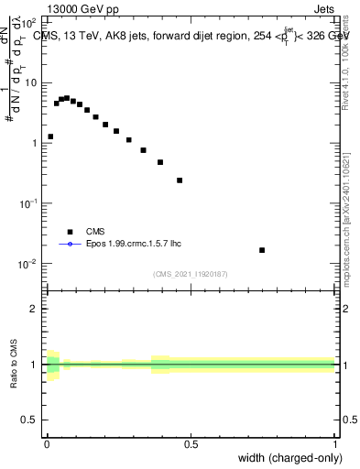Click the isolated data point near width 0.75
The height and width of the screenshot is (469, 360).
click(262, 250)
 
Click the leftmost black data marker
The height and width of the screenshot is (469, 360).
click(50, 136)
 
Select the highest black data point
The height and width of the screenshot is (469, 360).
click(67, 97)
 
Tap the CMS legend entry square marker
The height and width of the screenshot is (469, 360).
click(70, 232)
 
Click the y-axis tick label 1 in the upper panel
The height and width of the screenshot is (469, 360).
click(35, 143)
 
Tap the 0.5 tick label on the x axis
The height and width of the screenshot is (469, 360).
click(191, 446)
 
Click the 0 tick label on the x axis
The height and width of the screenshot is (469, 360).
click(46, 446)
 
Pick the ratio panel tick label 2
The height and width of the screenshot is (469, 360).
click(35, 309)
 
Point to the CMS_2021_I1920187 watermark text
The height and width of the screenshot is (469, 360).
click(191, 274)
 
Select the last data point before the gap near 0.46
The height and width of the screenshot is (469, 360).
click(180, 180)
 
